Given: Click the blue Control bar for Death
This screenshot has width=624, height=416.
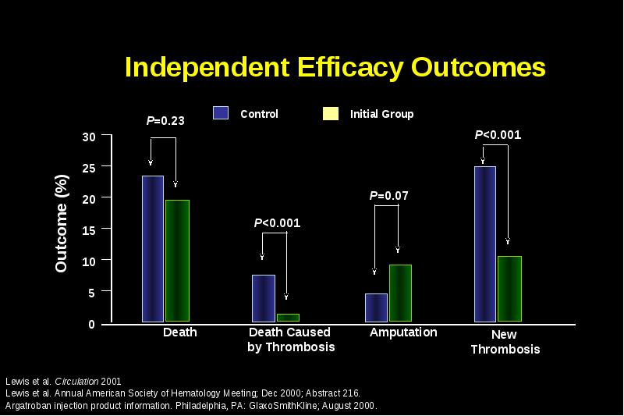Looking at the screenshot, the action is click(x=153, y=249).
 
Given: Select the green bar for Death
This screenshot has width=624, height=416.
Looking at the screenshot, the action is click(x=178, y=261).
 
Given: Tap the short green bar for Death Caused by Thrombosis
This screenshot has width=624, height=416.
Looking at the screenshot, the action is click(x=288, y=318).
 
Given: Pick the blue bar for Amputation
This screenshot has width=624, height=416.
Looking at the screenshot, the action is click(x=376, y=308).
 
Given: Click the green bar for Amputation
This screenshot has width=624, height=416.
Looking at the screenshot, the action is click(x=400, y=293).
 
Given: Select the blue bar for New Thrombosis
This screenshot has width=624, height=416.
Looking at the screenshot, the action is click(x=485, y=244).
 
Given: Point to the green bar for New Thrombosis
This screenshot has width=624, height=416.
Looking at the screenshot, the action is click(x=510, y=289).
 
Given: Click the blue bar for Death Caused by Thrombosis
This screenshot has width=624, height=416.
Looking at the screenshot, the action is click(x=264, y=298).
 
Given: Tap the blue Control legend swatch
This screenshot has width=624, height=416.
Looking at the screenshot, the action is click(x=221, y=113).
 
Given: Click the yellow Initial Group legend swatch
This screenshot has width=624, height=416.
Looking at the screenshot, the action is click(x=331, y=113).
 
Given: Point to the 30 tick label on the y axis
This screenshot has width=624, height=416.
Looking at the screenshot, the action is click(x=89, y=137).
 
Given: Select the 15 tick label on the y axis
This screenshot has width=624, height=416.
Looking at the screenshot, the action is click(x=89, y=230).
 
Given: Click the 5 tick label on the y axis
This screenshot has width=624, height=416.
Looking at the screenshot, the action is click(x=92, y=293).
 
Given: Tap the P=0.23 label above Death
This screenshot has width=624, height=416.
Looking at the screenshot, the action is click(x=165, y=121).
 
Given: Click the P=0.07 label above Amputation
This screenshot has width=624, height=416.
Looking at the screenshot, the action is click(x=388, y=195).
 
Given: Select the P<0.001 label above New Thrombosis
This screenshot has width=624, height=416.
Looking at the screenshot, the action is click(x=498, y=134).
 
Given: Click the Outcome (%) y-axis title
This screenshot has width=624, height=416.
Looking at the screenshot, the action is click(x=62, y=223).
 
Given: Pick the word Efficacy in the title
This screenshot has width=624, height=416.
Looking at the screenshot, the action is click(x=350, y=68).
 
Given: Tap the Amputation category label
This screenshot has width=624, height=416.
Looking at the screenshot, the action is click(x=403, y=332).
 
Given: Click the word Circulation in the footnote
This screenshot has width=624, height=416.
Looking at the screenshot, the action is click(x=76, y=382).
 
